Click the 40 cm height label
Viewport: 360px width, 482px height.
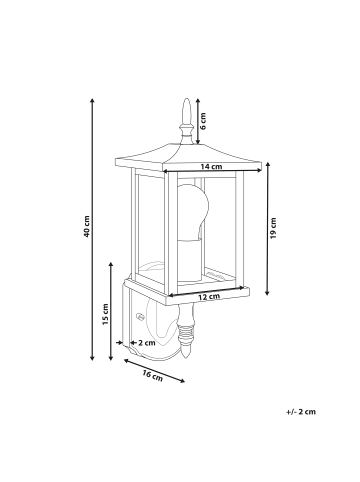[x=87, y=226]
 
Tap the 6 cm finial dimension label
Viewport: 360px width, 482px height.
[x=203, y=121]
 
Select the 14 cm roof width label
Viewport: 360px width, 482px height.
[x=211, y=166]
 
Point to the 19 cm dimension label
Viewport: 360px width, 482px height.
[x=273, y=228]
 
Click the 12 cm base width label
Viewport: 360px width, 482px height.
[x=209, y=296]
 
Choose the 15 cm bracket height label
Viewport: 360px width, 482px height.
[x=105, y=314]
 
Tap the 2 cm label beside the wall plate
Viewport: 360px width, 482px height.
[x=147, y=342]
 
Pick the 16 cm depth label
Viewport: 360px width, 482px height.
[x=152, y=375]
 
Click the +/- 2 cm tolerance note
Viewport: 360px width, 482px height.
[x=301, y=411]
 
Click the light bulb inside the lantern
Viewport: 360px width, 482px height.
[x=192, y=212]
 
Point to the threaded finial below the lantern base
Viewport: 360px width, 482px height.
[x=186, y=332]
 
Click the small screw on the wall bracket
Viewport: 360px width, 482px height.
[x=140, y=315]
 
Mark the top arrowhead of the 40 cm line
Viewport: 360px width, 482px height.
[x=93, y=100]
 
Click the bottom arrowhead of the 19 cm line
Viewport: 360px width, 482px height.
[x=267, y=293]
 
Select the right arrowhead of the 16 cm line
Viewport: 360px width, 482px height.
[x=182, y=381]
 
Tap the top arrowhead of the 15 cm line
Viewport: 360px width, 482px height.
[x=111, y=265]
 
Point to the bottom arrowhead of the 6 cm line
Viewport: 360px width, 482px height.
[x=198, y=142]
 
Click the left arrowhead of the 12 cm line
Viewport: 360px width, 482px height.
[x=171, y=295]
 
